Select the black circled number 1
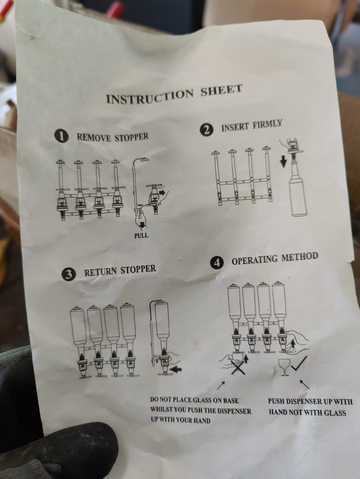pos(62,137)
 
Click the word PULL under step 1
pos(141,236)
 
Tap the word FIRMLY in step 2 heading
pos(267,125)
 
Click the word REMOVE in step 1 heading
pos(94,138)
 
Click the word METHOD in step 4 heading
pos(299,257)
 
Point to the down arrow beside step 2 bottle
pos(283,162)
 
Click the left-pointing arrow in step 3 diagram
pos(175,369)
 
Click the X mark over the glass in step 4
pos(238,367)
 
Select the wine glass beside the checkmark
pos(284,367)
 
